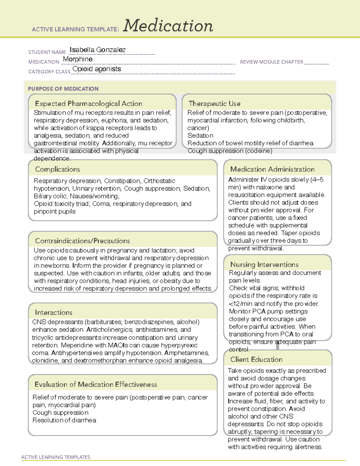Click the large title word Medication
168,26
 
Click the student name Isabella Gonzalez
97,50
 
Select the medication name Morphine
78,59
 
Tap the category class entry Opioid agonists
97,69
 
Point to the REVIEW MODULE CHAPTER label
271,62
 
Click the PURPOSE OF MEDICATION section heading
63,89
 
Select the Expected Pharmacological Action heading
88,104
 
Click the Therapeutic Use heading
214,104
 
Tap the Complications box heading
57,169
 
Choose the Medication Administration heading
272,169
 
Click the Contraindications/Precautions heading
82,241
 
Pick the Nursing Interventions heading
264,264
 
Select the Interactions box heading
53,312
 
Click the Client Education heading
256,359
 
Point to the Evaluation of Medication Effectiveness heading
96,384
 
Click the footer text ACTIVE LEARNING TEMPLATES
55,457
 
